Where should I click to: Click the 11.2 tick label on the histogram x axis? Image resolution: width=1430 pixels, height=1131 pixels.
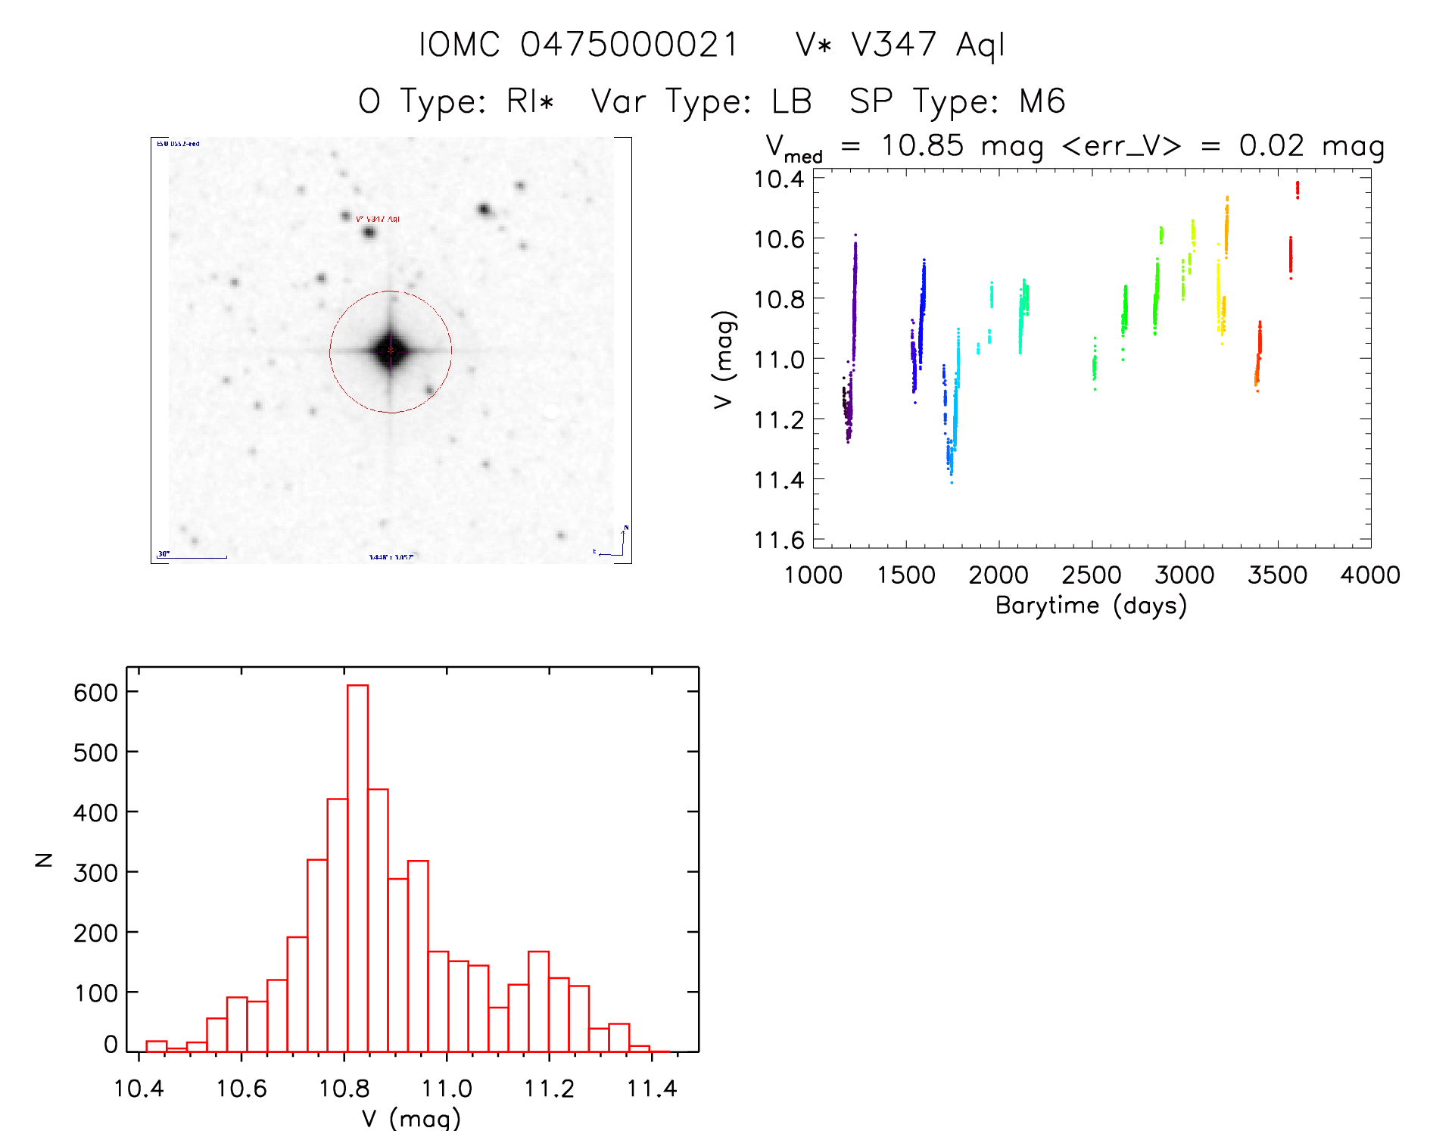pos(549,1089)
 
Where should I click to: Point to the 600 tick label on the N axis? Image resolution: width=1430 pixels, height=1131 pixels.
pos(95,693)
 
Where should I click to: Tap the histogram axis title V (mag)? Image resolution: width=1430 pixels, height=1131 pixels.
pos(411,1118)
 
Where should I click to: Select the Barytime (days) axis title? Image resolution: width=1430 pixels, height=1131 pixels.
pos(1091,606)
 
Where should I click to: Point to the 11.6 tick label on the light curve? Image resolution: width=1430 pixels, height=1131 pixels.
pos(779,541)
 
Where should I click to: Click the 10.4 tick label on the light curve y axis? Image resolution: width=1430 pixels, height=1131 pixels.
pos(779,179)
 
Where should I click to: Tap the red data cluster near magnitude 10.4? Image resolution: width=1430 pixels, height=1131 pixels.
pos(1298,188)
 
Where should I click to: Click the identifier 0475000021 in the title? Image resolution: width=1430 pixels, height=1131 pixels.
pos(629,45)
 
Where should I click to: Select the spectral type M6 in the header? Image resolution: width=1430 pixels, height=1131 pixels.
pos(1042,101)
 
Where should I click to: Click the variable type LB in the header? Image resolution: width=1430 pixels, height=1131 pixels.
pos(792,101)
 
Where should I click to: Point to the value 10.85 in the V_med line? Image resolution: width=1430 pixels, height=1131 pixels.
pos(922,145)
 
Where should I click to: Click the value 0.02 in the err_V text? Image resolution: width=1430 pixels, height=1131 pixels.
pos(1271,145)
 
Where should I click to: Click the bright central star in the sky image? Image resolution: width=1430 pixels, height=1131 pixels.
pos(391,351)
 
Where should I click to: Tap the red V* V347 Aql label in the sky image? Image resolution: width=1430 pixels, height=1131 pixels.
pos(378,219)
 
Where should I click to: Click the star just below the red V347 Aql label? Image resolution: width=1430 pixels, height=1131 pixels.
pos(369,232)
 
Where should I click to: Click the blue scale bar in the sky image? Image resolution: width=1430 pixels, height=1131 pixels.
pos(193,557)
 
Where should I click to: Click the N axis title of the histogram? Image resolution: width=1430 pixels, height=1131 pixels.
pos(44,859)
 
